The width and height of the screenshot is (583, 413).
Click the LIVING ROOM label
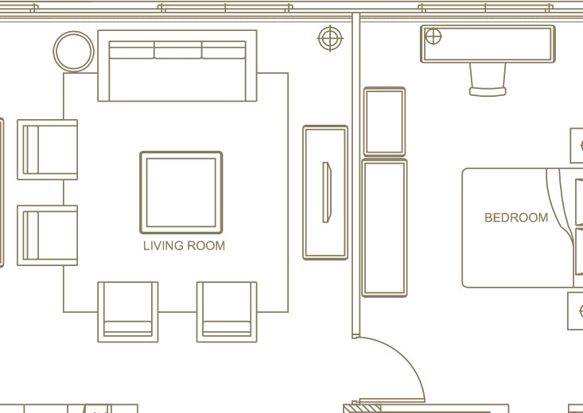pos(184,246)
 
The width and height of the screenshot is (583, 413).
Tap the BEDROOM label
pos(516,218)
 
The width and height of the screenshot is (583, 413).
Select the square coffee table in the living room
pos(181,192)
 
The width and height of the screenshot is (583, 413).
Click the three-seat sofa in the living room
pos(177,66)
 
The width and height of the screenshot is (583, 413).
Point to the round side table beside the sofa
pos(74,52)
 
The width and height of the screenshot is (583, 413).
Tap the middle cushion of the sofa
pos(177,50)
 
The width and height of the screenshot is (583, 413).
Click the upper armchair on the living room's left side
pos(47,149)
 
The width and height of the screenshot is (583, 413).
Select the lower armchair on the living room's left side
pos(47,235)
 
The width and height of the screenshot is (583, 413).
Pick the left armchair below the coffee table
pos(128,312)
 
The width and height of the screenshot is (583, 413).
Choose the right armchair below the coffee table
pos(227,312)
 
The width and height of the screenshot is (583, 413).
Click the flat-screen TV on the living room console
pos(327,192)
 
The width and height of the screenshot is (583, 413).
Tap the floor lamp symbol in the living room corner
pos(330,38)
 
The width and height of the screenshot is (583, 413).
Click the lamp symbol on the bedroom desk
pos(433,37)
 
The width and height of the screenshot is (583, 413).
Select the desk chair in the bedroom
pos(488,80)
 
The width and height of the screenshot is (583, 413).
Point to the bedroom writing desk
pos(488,44)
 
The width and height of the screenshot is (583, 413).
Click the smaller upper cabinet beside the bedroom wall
pos(384,122)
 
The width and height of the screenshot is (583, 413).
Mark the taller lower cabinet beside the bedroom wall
pos(384,228)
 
